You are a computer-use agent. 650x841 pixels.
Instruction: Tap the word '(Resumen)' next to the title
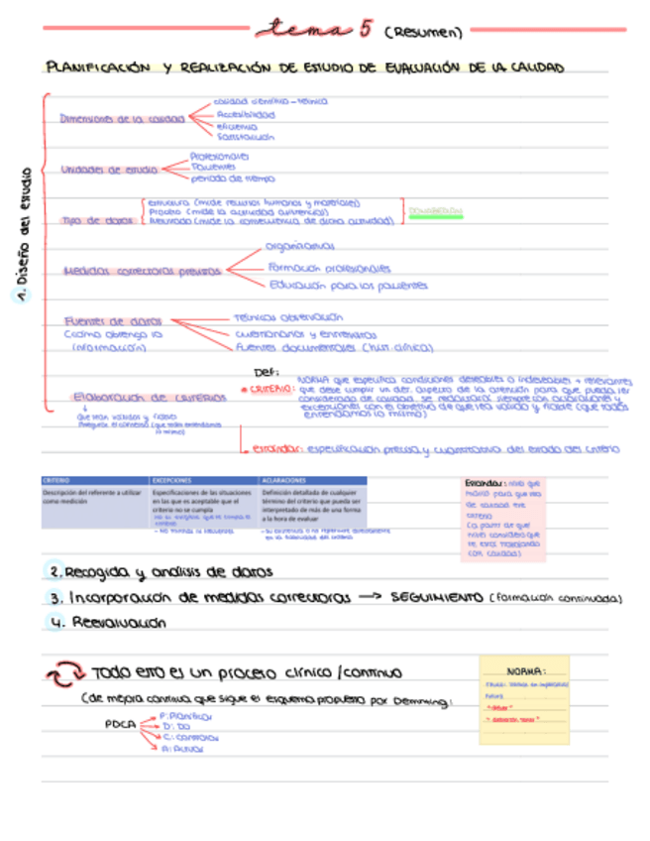(421, 32)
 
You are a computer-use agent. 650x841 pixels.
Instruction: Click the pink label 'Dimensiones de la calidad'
(121, 118)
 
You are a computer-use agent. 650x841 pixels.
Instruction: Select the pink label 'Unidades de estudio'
(109, 170)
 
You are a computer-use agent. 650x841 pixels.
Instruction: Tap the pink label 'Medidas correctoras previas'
(141, 271)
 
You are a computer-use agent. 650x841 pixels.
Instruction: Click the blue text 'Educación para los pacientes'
(348, 286)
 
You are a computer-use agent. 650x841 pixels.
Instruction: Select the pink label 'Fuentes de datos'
(112, 321)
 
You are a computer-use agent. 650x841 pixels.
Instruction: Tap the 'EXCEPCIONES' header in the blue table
(174, 481)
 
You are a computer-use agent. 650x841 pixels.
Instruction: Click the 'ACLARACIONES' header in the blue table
(284, 481)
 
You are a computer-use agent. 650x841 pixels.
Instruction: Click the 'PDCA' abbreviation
(119, 724)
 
